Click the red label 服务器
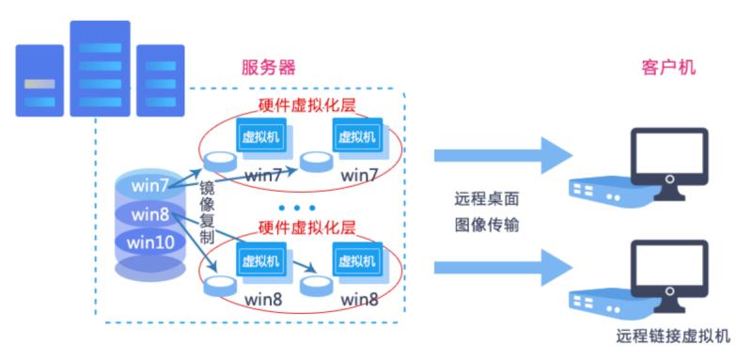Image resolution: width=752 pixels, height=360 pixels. click(270, 68)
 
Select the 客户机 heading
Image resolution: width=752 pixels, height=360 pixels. click(668, 68)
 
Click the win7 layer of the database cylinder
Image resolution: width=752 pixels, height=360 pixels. click(150, 180)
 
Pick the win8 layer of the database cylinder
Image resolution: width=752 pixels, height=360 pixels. click(150, 213)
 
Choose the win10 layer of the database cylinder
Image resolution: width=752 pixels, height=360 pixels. click(150, 242)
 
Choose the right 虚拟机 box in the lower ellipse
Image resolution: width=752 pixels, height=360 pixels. click(358, 259)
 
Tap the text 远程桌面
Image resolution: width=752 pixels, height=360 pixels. click(484, 199)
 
